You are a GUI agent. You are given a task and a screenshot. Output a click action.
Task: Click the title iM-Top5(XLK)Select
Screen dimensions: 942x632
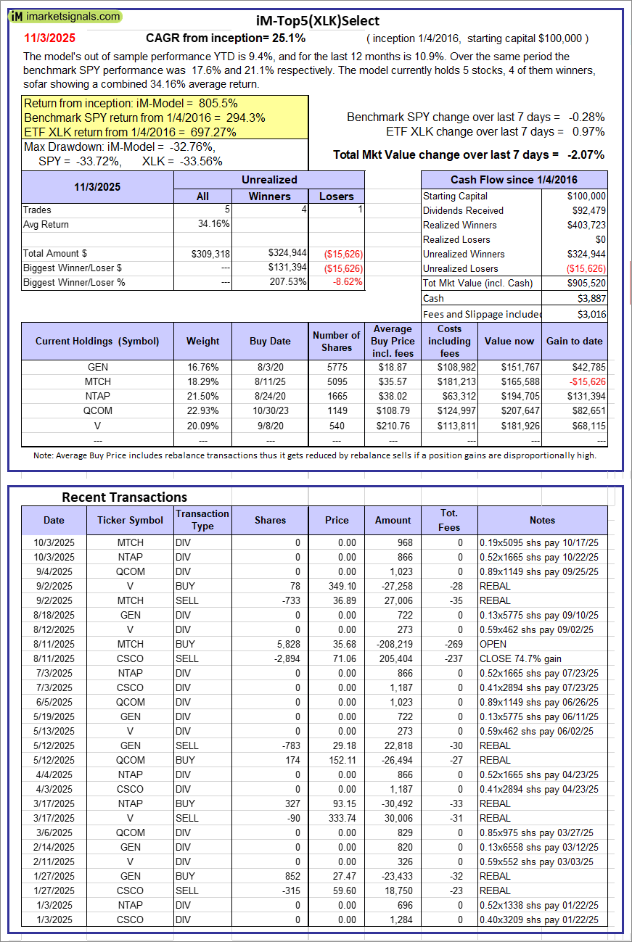pyautogui.click(x=318, y=21)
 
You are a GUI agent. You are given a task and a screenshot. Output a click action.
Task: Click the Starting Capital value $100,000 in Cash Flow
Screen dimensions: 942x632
pyautogui.click(x=586, y=196)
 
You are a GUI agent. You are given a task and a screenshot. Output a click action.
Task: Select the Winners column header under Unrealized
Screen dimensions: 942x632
pyautogui.click(x=269, y=196)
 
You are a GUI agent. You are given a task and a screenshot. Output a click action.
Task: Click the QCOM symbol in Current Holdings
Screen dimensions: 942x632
pyautogui.click(x=97, y=410)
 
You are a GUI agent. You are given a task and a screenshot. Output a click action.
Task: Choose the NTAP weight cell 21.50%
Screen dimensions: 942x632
pyautogui.click(x=202, y=396)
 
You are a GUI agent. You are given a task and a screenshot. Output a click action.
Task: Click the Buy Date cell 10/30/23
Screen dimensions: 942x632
pyautogui.click(x=270, y=410)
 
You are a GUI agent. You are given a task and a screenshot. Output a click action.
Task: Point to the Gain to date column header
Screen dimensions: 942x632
pyautogui.click(x=575, y=341)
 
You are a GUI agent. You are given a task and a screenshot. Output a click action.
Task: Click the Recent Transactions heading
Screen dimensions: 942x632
pyautogui.click(x=124, y=497)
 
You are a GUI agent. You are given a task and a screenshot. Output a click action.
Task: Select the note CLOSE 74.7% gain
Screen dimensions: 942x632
pyautogui.click(x=521, y=658)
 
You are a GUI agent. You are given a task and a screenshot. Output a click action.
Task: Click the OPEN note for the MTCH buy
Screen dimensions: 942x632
pyautogui.click(x=493, y=644)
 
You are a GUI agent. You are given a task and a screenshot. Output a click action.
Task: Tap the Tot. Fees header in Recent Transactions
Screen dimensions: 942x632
pyautogui.click(x=449, y=520)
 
